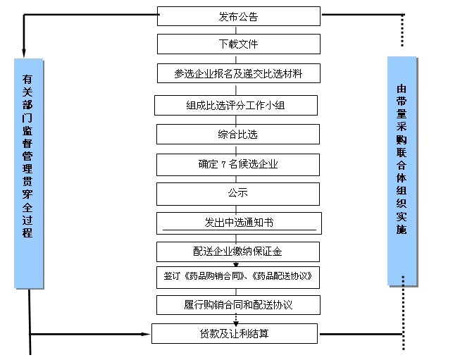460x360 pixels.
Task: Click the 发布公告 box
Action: (x=238, y=16)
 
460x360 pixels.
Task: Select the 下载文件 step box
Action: (x=238, y=44)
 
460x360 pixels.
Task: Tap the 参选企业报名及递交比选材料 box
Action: (x=238, y=73)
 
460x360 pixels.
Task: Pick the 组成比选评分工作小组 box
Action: (x=238, y=106)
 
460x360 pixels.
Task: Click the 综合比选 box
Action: (x=238, y=135)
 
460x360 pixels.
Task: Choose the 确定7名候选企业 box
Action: (x=238, y=165)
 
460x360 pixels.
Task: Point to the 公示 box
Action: (x=238, y=192)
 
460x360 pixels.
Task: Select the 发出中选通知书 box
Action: (x=238, y=223)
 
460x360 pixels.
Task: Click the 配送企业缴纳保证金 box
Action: (x=238, y=251)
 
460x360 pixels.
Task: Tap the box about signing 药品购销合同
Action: (x=238, y=277)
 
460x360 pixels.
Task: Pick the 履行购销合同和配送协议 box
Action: (x=238, y=305)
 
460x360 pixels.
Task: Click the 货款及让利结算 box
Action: (x=238, y=333)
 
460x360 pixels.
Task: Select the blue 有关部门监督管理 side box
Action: (x=27, y=173)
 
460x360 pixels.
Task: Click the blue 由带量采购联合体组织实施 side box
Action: (x=402, y=171)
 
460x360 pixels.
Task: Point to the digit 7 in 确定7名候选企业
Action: (x=223, y=165)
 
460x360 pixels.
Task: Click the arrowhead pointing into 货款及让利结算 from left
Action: (x=148, y=333)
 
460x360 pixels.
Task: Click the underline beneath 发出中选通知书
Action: (x=240, y=230)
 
